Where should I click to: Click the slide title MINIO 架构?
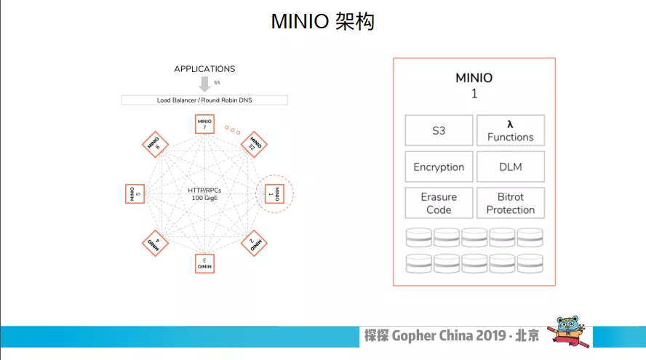pos(322,22)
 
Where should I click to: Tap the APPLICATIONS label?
pos(204,69)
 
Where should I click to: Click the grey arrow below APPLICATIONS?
pos(204,84)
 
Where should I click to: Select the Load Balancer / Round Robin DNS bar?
pos(204,100)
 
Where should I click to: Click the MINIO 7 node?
pos(205,124)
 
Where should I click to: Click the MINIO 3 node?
pos(205,263)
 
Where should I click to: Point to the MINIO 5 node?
pos(135,193)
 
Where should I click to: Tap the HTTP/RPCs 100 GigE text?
pos(205,193)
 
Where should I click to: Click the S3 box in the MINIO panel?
pos(439,131)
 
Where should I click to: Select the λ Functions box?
pos(510,131)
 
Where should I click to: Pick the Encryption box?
pos(439,167)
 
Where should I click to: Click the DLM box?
pos(510,167)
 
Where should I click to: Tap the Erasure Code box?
pos(439,203)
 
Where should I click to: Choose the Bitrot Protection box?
pos(510,203)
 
